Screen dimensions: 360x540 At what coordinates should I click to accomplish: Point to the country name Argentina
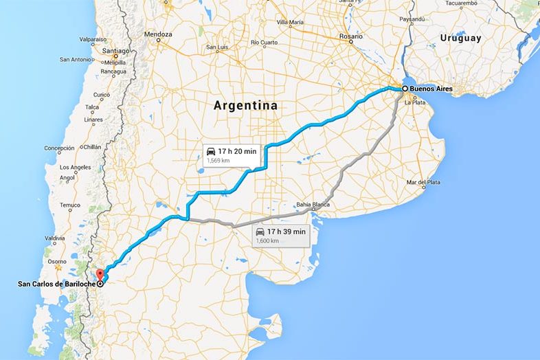click(x=245, y=106)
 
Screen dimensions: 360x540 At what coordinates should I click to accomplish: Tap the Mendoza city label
click(x=158, y=34)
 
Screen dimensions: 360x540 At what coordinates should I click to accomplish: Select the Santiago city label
click(x=115, y=51)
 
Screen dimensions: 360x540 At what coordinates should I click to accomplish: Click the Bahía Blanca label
click(x=313, y=205)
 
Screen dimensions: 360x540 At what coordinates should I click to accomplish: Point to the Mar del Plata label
click(x=423, y=182)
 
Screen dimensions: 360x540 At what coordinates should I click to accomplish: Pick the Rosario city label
click(x=351, y=36)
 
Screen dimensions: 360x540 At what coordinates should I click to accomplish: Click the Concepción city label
click(x=59, y=148)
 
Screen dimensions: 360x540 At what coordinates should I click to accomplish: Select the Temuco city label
click(x=69, y=205)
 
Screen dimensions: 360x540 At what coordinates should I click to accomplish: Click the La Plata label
click(x=416, y=102)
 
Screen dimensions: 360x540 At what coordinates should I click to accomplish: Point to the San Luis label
click(x=216, y=47)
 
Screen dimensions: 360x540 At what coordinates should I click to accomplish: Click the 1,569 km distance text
click(x=218, y=161)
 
